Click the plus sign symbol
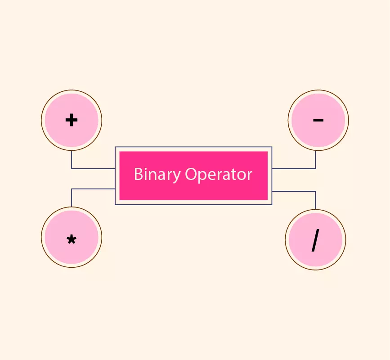(72, 120)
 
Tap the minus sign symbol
(318, 121)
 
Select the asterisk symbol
(72, 239)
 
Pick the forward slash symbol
(315, 240)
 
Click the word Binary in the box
(157, 175)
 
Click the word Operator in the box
(219, 174)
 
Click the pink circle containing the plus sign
(72, 120)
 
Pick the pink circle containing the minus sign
(318, 120)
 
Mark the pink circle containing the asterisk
(72, 237)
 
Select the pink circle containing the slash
(315, 239)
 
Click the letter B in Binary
(138, 174)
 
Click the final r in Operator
(250, 175)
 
